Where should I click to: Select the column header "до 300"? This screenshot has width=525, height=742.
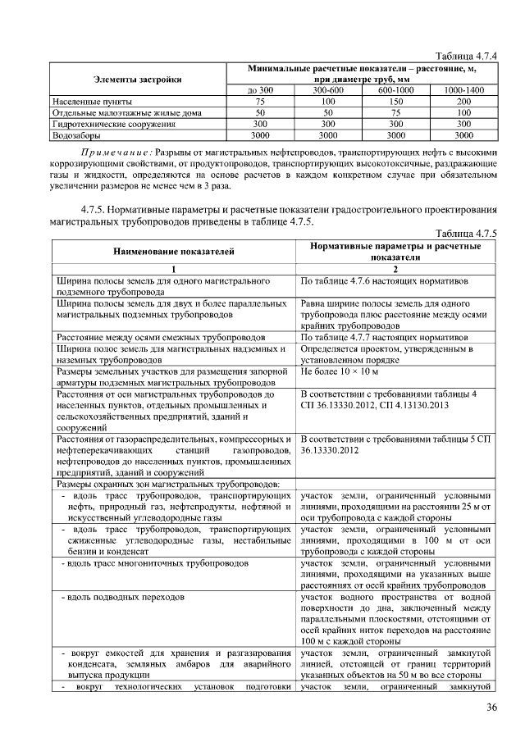coord(260,89)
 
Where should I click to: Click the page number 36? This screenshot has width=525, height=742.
coord(491,708)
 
